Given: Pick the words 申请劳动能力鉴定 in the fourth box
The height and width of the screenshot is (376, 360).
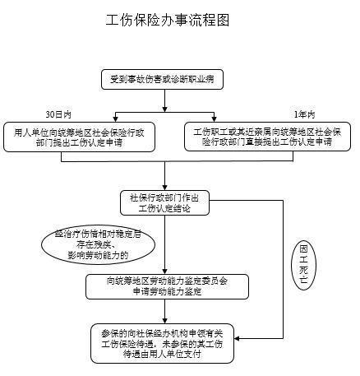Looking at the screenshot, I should click(x=165, y=291).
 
